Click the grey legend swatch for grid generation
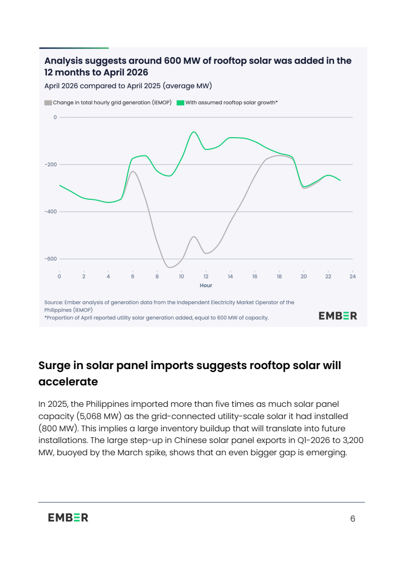48,103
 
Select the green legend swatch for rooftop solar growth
180,103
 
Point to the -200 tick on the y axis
51,165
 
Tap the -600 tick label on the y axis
51,259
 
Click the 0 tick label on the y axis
56,117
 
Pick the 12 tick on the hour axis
206,276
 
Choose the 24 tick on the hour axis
352,276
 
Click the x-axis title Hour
206,285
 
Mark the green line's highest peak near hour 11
194,132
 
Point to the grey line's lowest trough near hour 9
169,268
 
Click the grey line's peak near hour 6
133,171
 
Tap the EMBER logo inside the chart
338,316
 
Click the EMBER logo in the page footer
68,517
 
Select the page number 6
352,519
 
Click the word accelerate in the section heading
68,382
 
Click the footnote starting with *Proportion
157,318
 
